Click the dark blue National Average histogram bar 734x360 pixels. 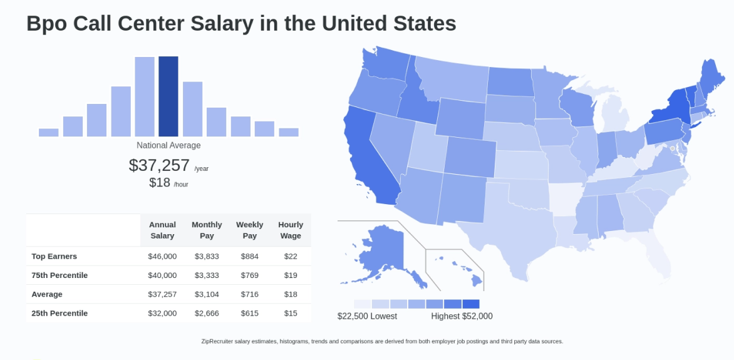coord(168,96)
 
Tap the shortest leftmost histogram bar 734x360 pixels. coord(48,132)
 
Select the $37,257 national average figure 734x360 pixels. coord(159,165)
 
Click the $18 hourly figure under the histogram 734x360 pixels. coord(160,182)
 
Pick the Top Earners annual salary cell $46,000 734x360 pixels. coord(162,256)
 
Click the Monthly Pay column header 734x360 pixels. coord(207,230)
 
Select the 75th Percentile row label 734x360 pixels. coord(59,275)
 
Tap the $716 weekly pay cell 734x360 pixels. coord(249,294)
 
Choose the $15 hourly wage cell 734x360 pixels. coord(291,313)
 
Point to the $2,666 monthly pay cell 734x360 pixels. coord(207,313)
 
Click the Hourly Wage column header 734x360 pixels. coord(291,230)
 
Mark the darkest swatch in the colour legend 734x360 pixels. coord(471,304)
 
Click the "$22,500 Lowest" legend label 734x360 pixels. coord(367,316)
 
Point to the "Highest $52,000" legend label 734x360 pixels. coord(462,316)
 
